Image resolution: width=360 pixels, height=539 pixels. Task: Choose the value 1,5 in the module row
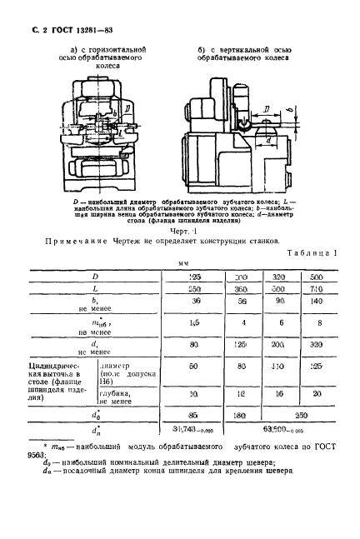click(194, 322)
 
